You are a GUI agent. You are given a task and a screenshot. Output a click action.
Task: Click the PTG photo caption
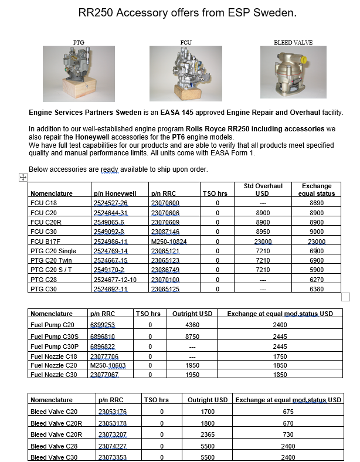[79, 43]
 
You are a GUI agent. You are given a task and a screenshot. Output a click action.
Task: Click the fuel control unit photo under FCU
[185, 73]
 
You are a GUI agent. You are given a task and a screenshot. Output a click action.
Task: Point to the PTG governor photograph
[79, 73]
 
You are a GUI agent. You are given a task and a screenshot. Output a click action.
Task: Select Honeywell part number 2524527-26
[111, 203]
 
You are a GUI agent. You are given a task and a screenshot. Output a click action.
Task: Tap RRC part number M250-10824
[169, 241]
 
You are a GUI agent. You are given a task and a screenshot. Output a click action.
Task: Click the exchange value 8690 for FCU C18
[317, 203]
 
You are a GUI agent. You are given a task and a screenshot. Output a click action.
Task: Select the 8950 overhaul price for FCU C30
[263, 232]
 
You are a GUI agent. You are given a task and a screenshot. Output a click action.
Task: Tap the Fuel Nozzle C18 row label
[53, 355]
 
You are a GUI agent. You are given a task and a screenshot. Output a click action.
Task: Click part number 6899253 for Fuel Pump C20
[103, 324]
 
